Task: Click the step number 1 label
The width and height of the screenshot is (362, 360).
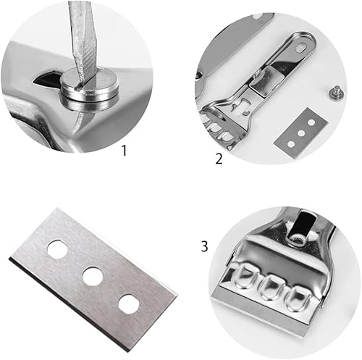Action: click(124, 151)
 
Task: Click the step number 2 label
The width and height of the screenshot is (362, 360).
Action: click(219, 159)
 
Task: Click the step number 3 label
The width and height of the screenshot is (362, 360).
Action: click(204, 246)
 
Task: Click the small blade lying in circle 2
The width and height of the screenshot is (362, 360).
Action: click(301, 133)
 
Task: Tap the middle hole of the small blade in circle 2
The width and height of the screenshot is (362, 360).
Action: click(300, 133)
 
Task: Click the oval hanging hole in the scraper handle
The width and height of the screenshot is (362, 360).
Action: click(302, 46)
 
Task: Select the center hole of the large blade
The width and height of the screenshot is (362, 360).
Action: click(93, 276)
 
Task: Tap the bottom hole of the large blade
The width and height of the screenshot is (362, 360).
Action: click(129, 304)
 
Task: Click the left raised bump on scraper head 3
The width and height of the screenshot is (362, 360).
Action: click(242, 276)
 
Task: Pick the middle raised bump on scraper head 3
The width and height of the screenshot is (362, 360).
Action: click(268, 287)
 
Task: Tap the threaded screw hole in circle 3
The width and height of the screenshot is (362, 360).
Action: click(298, 239)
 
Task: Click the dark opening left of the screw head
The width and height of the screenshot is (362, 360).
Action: click(46, 79)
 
